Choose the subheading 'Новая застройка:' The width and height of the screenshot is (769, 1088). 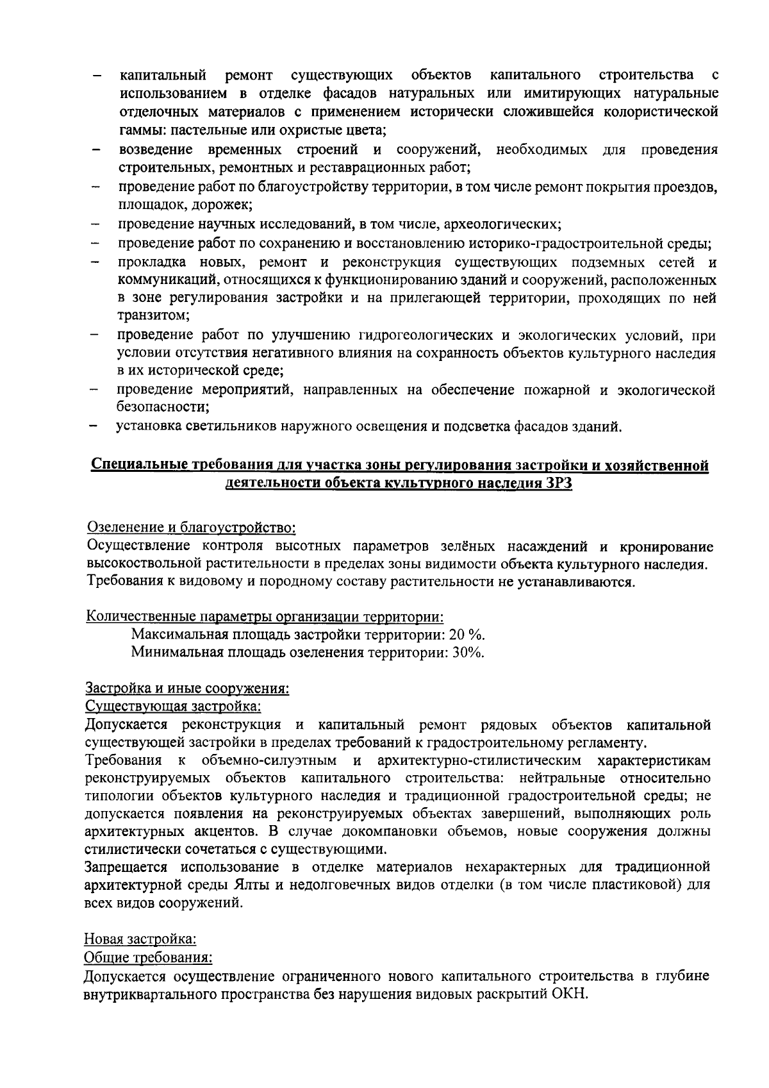[140, 939]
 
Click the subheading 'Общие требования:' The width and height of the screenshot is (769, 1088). [148, 958]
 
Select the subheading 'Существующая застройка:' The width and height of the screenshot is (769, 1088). [173, 707]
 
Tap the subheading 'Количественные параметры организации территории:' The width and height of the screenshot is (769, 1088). [265, 616]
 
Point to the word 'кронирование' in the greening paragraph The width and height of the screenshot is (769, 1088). [666, 546]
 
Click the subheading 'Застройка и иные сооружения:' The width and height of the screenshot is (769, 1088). [187, 689]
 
